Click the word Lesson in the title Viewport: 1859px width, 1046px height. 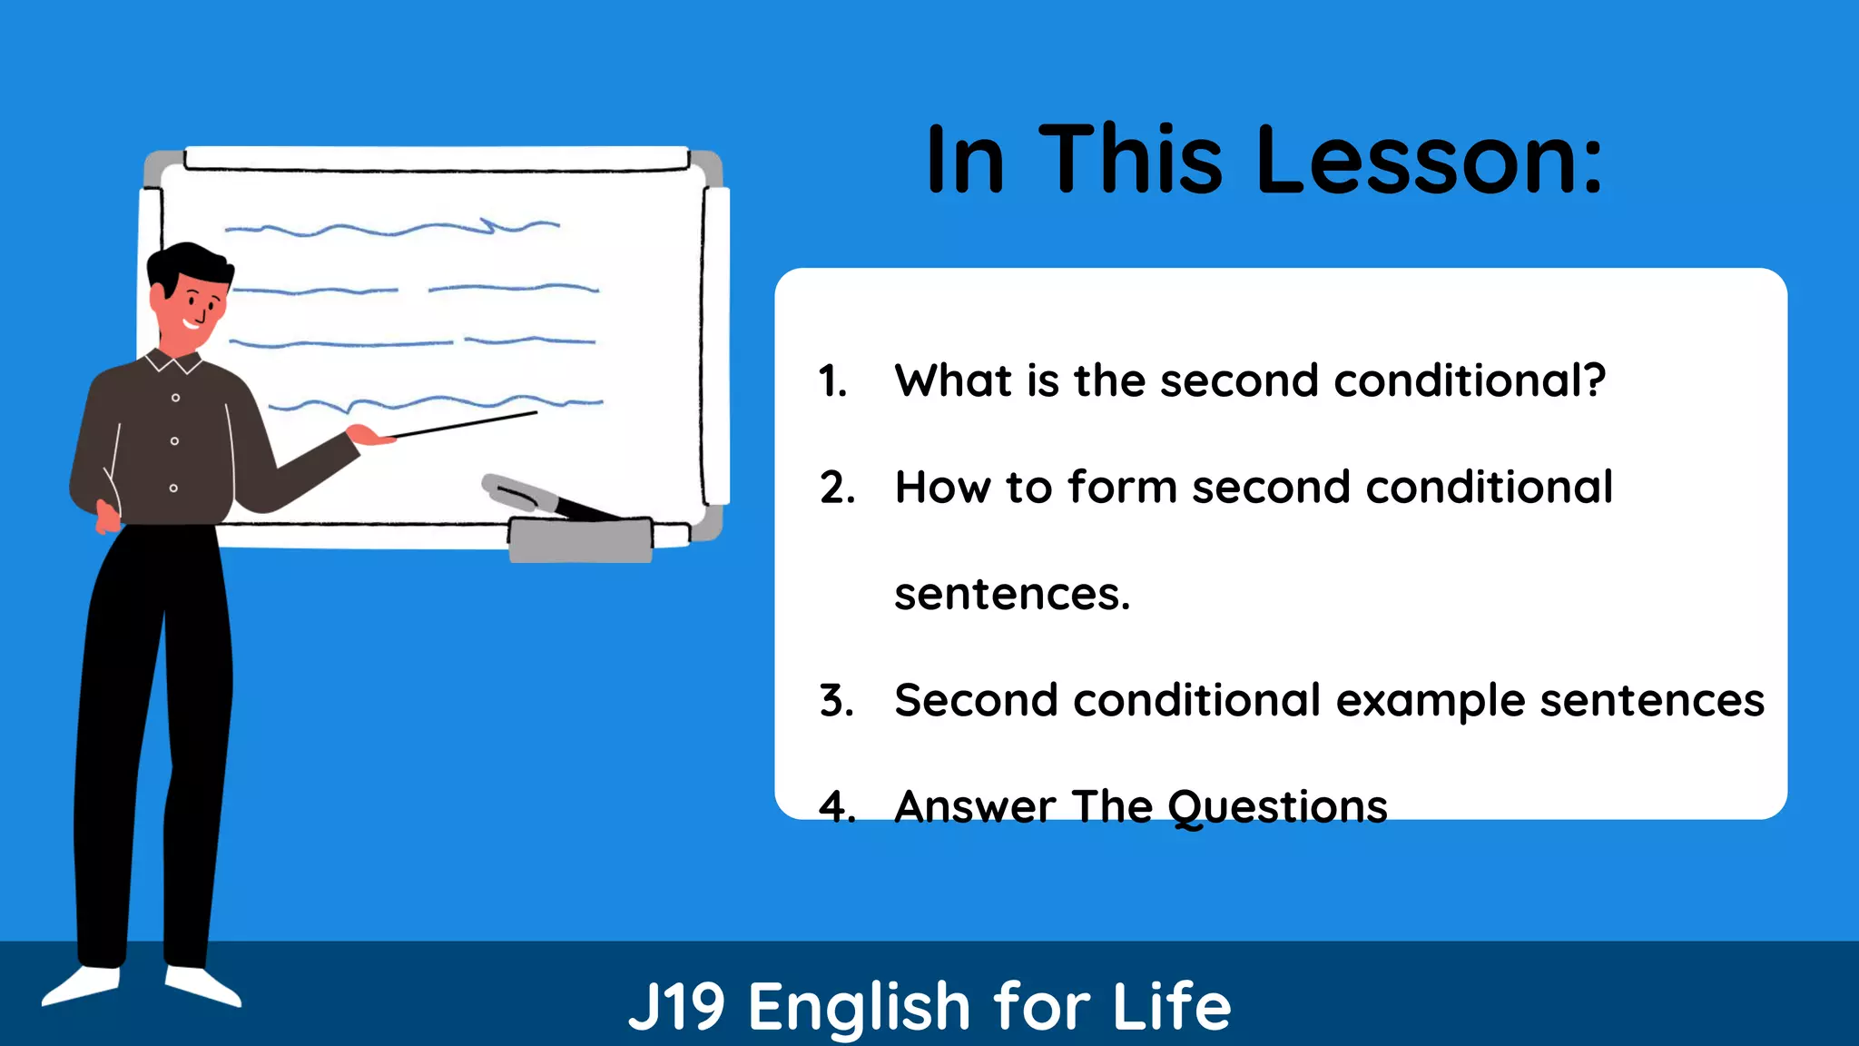1429,161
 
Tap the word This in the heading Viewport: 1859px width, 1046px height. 1130,161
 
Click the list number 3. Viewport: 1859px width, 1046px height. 836,701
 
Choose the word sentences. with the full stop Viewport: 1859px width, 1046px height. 1012,595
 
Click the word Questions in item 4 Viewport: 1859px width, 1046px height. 1277,807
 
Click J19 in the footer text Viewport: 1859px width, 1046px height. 676,1006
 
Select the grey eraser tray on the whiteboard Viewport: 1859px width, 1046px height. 580,540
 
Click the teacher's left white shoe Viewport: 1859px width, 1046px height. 82,985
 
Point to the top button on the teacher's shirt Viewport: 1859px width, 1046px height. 176,398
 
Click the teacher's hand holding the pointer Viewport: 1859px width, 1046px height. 368,436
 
